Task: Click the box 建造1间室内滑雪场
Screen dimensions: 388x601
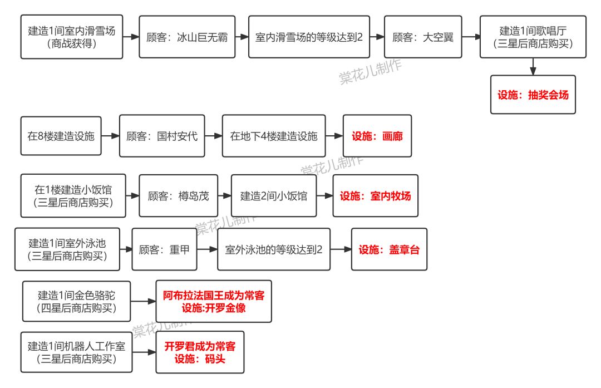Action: tap(72, 37)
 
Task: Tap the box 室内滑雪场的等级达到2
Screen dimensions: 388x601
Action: tap(309, 37)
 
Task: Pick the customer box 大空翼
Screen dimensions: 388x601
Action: tap(423, 37)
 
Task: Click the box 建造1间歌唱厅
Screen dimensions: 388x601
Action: tap(533, 37)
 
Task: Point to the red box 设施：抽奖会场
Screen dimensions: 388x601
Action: tap(533, 95)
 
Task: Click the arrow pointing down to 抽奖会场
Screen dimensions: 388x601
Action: tap(533, 67)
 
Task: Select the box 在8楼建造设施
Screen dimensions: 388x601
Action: tap(61, 136)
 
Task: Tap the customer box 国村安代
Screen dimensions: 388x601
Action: tap(162, 136)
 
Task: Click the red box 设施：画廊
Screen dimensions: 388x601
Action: tap(377, 136)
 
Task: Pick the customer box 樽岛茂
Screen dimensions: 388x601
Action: tap(178, 196)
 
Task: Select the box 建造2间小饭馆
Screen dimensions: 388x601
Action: tap(274, 196)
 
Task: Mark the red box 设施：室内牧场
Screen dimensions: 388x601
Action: tap(375, 196)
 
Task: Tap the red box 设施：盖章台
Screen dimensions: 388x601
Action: tap(389, 249)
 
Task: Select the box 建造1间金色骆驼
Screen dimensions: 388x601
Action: tap(77, 301)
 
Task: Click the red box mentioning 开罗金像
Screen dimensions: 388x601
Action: tap(214, 301)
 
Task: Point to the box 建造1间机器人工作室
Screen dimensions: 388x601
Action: tap(77, 352)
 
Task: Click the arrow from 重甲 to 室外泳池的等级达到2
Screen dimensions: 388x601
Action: tap(206, 249)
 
